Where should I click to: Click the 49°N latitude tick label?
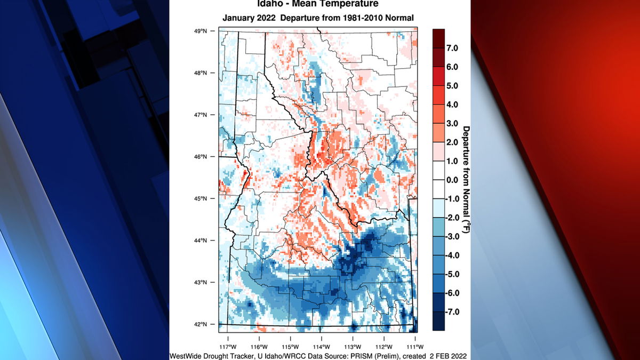[x=201, y=31]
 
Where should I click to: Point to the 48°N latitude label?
[x=201, y=73]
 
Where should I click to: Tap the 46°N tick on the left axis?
[x=201, y=157]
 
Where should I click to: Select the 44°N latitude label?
[x=201, y=241]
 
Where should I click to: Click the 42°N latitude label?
[x=201, y=324]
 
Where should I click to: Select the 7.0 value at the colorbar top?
[x=452, y=48]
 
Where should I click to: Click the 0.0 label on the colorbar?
[x=452, y=180]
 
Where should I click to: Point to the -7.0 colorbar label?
[x=451, y=311]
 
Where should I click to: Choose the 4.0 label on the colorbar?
[x=452, y=105]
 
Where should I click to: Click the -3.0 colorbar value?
[x=451, y=236]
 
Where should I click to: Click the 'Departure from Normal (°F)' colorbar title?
[x=466, y=180]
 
